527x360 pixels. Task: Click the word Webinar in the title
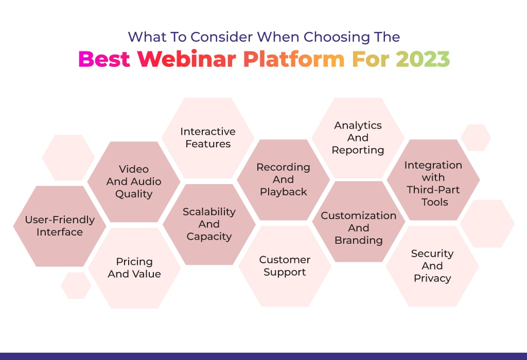click(187, 59)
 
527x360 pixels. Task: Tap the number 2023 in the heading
click(423, 59)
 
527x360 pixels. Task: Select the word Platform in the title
click(294, 59)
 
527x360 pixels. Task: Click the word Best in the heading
click(104, 59)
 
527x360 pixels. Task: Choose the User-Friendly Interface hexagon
click(60, 226)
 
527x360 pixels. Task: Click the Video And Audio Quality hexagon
click(134, 182)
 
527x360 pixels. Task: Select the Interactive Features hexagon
click(208, 138)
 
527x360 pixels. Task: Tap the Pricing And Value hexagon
click(134, 268)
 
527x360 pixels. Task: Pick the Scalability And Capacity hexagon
click(209, 224)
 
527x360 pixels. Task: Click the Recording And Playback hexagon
click(284, 179)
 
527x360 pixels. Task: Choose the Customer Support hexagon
click(285, 266)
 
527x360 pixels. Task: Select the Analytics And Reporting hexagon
click(358, 138)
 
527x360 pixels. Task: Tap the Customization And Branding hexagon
click(359, 222)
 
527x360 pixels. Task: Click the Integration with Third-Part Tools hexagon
click(433, 179)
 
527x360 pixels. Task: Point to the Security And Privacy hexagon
click(432, 266)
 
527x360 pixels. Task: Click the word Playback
click(284, 192)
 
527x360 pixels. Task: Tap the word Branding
click(359, 241)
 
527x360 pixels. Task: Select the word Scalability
click(209, 212)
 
